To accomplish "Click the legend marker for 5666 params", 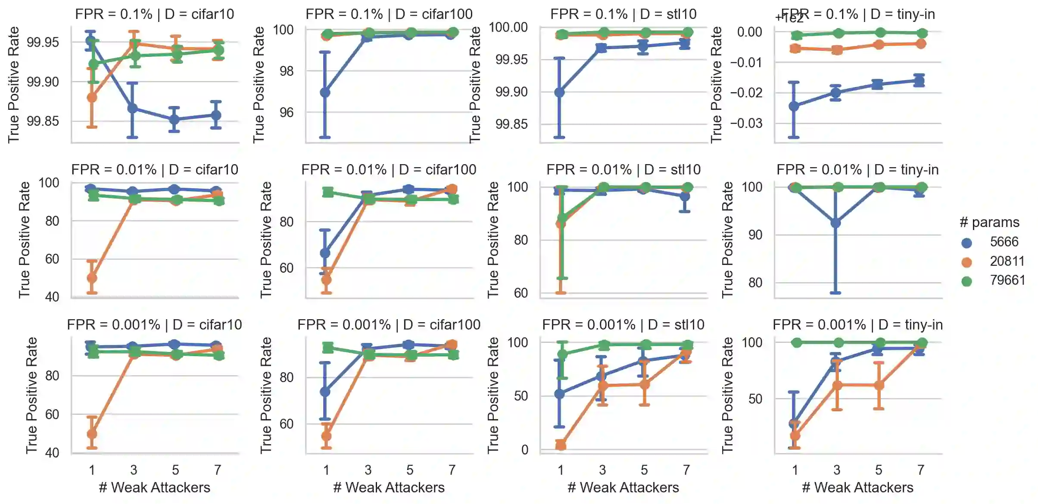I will [x=966, y=243].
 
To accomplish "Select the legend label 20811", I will [x=1007, y=261].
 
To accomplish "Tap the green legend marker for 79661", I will [x=966, y=281].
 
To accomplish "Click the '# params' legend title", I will [x=989, y=222].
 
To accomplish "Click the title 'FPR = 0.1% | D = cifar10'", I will [x=155, y=14].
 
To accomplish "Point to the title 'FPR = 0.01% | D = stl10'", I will [x=623, y=170].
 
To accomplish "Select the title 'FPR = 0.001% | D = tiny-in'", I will [x=857, y=325].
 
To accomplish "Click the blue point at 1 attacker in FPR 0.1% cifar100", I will [x=325, y=92].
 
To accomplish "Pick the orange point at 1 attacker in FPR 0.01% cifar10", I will [x=92, y=278].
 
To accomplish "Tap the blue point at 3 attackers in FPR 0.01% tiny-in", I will [x=835, y=223].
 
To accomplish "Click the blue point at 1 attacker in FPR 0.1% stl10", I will [x=559, y=92].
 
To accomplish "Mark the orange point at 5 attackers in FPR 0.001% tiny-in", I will [x=879, y=385].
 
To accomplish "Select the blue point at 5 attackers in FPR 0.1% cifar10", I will [x=174, y=119].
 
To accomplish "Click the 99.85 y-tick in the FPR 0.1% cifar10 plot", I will [x=43, y=121].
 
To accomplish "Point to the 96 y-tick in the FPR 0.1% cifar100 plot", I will [x=287, y=113].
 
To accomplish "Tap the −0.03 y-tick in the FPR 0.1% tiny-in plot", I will [x=746, y=124].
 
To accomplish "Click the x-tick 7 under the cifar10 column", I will [x=218, y=470].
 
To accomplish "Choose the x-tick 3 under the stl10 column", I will [x=602, y=470].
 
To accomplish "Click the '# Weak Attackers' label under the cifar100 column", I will [x=389, y=488].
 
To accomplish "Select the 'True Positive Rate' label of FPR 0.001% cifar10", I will [x=31, y=395].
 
